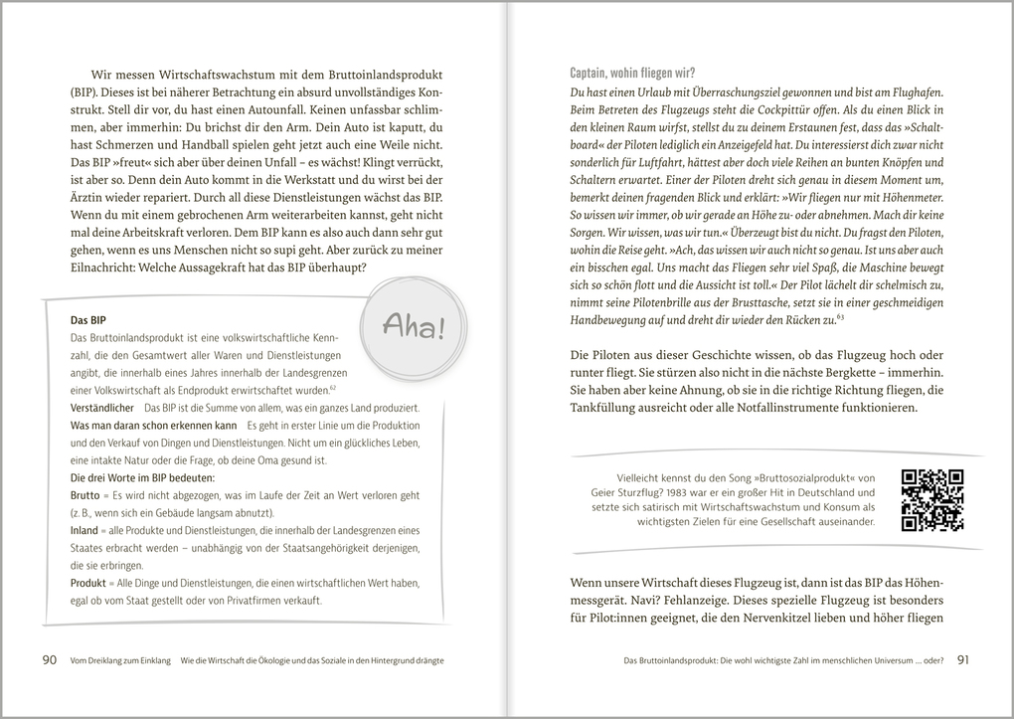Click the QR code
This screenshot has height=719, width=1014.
[x=932, y=499]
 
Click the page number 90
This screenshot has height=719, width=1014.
[x=50, y=659]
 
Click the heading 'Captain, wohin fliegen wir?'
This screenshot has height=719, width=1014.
[x=632, y=73]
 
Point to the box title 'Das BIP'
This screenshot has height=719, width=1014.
[x=88, y=320]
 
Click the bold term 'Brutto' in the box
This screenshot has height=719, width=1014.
[x=86, y=494]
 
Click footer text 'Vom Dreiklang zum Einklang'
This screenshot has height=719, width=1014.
[x=121, y=660]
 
